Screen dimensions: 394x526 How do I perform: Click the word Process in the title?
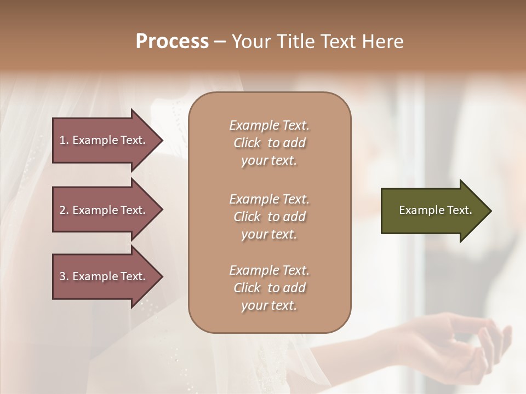[172, 41]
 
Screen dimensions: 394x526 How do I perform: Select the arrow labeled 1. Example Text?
[104, 140]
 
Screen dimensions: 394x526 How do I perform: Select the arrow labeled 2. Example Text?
[104, 210]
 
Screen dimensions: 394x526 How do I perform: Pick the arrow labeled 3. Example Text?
[104, 276]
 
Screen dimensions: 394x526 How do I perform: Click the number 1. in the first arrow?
[64, 140]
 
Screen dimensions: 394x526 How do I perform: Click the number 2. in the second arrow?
[64, 210]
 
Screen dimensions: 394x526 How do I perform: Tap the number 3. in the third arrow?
[64, 276]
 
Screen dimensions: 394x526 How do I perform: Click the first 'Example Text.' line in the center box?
[269, 125]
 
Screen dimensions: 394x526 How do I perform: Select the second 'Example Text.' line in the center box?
[269, 199]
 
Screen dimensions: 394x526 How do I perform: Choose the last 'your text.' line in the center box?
[269, 305]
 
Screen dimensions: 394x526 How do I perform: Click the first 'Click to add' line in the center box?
[269, 143]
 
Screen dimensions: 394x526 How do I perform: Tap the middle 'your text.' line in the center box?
[269, 234]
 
